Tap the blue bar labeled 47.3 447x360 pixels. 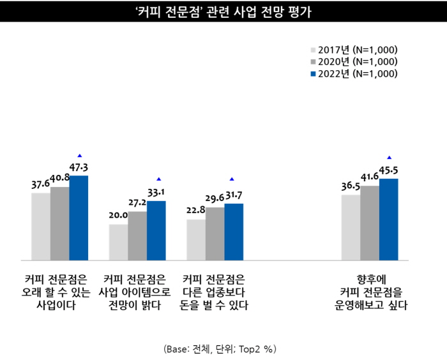[79, 218]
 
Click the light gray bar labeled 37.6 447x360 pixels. [41, 227]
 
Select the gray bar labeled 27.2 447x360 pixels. [137, 236]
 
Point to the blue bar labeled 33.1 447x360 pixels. [156, 230]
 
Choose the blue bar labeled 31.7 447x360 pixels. [234, 232]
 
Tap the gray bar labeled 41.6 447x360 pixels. [370, 223]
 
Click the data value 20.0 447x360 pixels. [118, 216]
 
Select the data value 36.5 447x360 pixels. [351, 186]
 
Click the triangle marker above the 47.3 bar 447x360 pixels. [79, 156]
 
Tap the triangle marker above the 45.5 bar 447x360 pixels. [389, 157]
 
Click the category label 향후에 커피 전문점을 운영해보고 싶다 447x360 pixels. [370, 292]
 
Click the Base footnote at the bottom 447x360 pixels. [220, 349]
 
